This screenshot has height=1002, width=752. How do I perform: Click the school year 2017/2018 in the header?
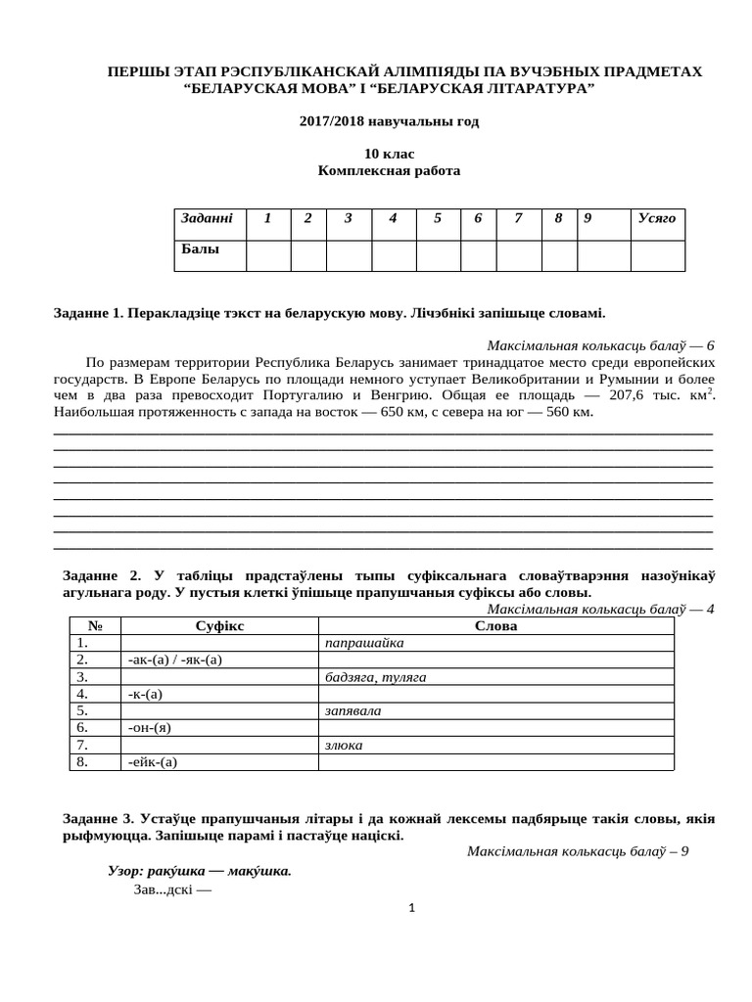[389, 121]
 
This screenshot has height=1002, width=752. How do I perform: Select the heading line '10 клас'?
[389, 154]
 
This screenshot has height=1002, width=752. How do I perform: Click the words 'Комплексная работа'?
[389, 170]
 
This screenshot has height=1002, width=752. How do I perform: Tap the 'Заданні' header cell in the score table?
[207, 218]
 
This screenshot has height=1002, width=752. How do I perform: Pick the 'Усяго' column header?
[656, 218]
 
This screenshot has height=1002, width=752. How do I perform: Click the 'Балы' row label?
[200, 250]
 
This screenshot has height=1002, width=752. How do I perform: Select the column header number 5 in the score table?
[437, 218]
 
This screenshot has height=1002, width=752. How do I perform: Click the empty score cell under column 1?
[267, 254]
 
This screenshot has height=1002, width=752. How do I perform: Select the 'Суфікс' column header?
[219, 626]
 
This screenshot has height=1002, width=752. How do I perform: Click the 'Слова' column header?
[495, 626]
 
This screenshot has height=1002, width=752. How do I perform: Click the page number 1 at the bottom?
[412, 908]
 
